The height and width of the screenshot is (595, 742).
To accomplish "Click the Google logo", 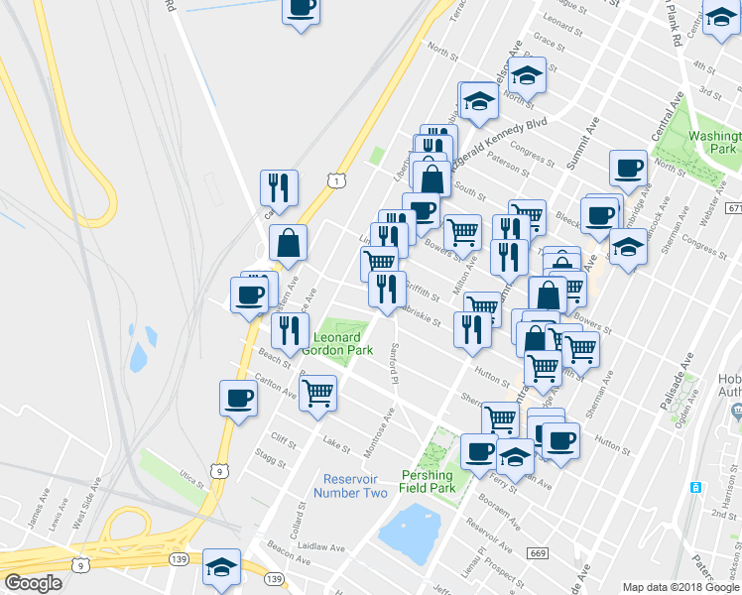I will [33, 583].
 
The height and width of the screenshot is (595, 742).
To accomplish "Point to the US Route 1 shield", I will [337, 179].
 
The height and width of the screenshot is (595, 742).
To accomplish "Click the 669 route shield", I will [538, 552].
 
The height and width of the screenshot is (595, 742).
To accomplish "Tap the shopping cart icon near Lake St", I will [317, 393].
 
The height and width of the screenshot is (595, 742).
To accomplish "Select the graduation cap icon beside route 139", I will [221, 566].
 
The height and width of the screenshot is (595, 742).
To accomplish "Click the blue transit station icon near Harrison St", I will [696, 487].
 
